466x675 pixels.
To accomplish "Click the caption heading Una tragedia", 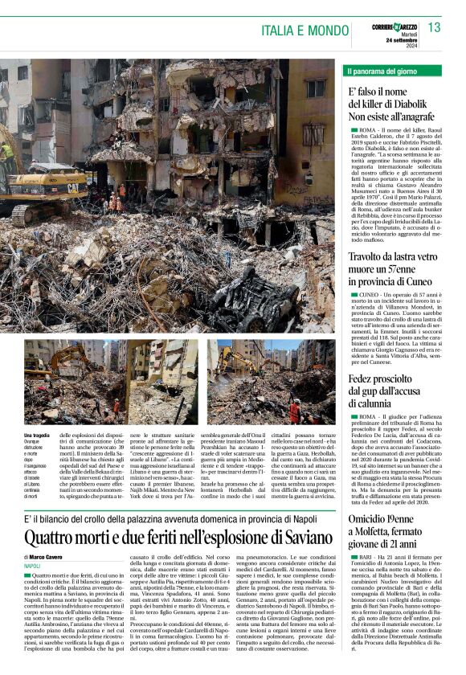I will pyautogui.click(x=36, y=435).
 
